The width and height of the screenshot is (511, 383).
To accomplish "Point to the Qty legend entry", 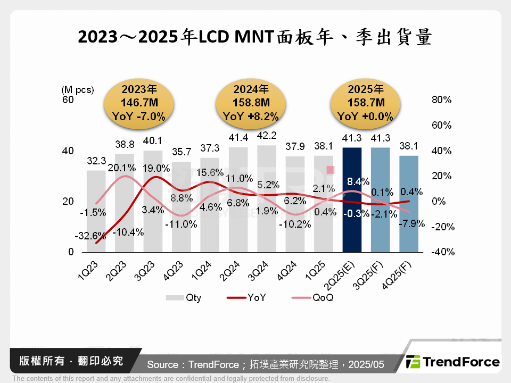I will click(x=184, y=298).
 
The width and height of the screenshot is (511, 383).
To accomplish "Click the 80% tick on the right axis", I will click(x=441, y=100).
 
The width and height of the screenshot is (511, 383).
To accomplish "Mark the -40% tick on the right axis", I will click(x=441, y=252).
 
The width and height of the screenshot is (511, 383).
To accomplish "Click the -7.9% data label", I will click(x=411, y=223).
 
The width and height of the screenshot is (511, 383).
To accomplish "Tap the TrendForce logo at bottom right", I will click(x=452, y=362).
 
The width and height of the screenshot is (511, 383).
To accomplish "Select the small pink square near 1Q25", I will click(x=330, y=170).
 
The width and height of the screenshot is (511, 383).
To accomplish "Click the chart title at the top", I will click(x=255, y=38).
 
